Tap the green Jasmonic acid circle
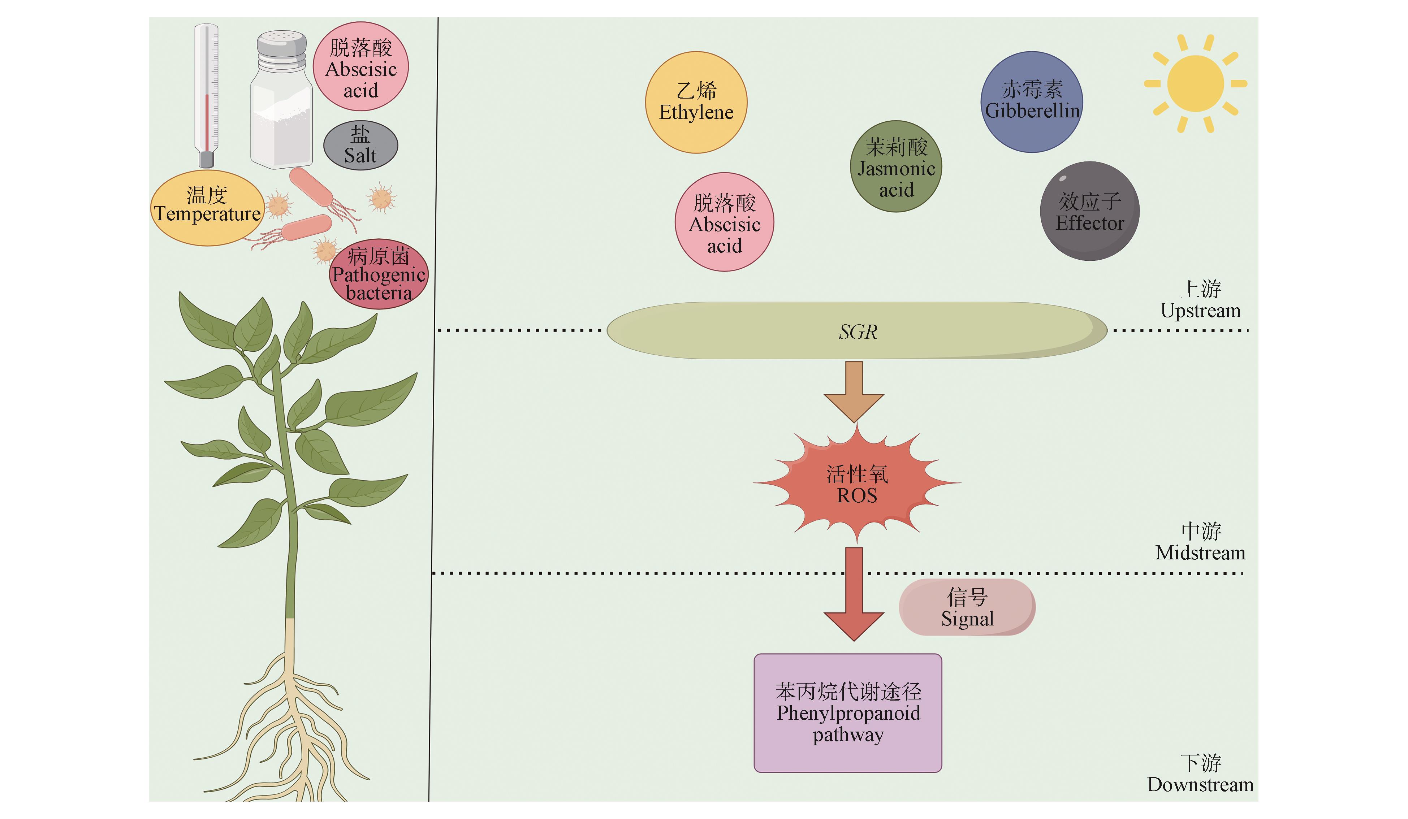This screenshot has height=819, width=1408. click(896, 166)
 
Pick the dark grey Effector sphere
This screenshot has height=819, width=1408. click(1089, 211)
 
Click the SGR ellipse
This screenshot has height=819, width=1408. click(857, 331)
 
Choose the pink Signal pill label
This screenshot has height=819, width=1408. click(967, 607)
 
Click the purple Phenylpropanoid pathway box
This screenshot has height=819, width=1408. click(848, 713)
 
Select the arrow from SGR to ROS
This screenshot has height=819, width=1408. click(854, 391)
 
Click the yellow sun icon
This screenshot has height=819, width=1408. click(1195, 84)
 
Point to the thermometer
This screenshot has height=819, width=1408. click(206, 95)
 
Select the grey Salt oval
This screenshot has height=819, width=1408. click(360, 145)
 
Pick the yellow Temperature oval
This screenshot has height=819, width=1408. click(207, 208)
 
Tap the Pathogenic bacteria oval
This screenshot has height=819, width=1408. click(379, 274)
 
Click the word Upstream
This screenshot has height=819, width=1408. click(1200, 311)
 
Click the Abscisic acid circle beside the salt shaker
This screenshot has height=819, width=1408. click(361, 66)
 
